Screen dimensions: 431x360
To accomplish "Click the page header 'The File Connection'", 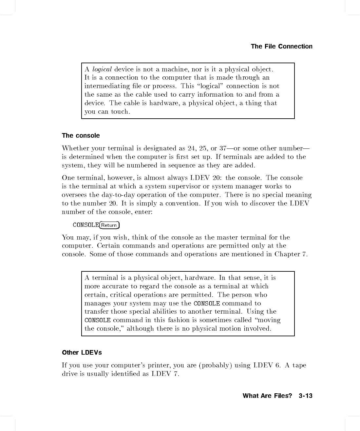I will point(281,47).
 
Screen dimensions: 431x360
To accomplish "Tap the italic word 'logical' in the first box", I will point(102,69).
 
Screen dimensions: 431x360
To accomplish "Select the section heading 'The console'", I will point(81,136).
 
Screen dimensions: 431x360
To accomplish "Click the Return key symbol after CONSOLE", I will point(109,225).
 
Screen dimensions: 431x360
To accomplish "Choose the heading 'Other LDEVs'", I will point(82,353).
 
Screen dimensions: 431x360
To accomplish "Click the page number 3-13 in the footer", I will point(305,396).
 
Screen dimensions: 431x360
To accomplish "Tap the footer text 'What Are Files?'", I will point(267,396).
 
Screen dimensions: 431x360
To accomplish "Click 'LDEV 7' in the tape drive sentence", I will point(165,374).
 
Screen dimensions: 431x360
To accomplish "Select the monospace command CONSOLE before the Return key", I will point(86,225).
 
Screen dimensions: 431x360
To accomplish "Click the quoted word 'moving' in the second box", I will point(269,320).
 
